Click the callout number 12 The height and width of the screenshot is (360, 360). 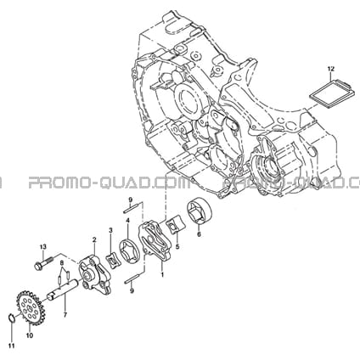[331, 69]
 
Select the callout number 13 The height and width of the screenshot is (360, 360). [42, 247]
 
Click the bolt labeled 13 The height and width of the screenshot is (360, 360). [43, 262]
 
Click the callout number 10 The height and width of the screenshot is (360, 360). [30, 335]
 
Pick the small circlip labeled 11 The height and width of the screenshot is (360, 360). [11, 318]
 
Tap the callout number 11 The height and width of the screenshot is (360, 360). [12, 346]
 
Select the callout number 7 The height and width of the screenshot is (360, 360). [65, 314]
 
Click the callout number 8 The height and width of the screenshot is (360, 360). [62, 263]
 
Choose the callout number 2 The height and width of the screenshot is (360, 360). [94, 240]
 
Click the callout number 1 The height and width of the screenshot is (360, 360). [162, 274]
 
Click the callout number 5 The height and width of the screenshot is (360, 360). [177, 246]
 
